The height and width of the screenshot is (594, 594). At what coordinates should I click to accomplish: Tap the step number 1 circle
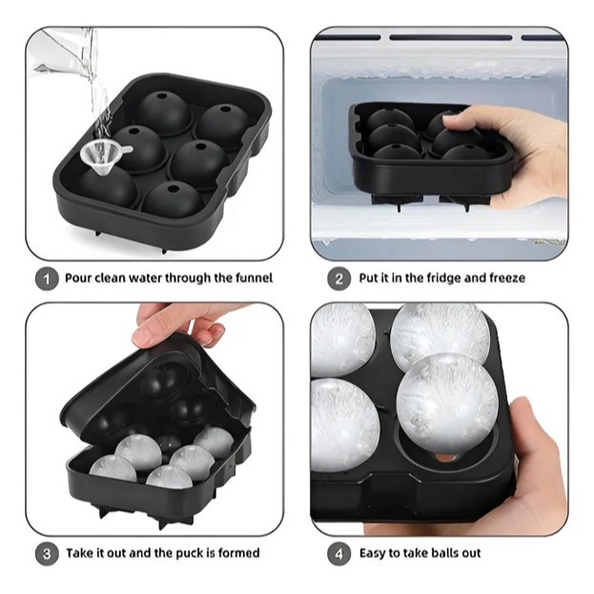pyautogui.click(x=47, y=279)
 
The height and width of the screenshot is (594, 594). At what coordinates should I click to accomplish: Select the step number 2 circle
pyautogui.click(x=338, y=279)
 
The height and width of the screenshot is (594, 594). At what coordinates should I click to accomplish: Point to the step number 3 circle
pyautogui.click(x=47, y=554)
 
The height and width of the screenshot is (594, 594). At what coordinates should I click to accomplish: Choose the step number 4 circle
pyautogui.click(x=338, y=554)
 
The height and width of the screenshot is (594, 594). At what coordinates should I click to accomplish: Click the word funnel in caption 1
pyautogui.click(x=254, y=278)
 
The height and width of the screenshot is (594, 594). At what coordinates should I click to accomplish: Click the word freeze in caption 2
pyautogui.click(x=506, y=278)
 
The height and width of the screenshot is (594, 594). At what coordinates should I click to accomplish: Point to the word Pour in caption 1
pyautogui.click(x=78, y=278)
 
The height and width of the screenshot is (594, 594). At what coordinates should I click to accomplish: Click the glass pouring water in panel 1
pyautogui.click(x=65, y=50)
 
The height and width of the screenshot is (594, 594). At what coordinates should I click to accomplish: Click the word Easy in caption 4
pyautogui.click(x=373, y=553)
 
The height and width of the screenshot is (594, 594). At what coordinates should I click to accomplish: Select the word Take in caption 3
pyautogui.click(x=79, y=553)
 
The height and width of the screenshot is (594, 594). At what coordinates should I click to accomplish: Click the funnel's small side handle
pyautogui.click(x=125, y=150)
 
